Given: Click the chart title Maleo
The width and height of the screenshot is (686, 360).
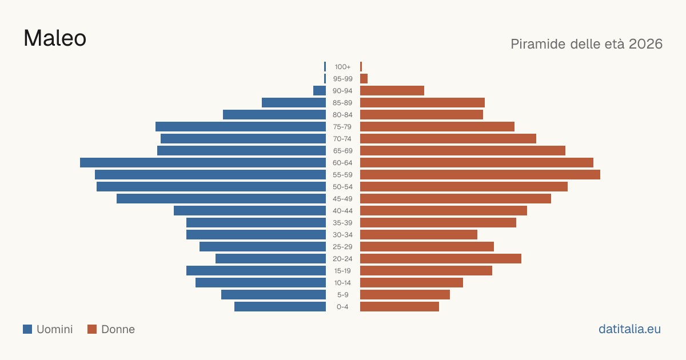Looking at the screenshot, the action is (x=55, y=38).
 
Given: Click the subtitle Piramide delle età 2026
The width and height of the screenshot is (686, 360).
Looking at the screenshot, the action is (x=587, y=44).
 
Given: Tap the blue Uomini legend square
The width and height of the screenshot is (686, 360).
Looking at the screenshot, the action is (x=27, y=329).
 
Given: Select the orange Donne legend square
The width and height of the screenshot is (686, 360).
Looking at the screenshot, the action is (x=92, y=329).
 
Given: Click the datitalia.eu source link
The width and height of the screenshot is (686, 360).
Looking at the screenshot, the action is (x=629, y=329).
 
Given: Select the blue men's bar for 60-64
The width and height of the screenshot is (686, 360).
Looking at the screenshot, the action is (x=203, y=162).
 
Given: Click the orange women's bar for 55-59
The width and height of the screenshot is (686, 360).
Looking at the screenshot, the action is (x=480, y=174).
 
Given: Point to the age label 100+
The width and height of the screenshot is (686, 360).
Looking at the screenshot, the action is (x=342, y=67).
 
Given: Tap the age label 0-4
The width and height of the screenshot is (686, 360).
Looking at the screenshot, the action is (x=342, y=307).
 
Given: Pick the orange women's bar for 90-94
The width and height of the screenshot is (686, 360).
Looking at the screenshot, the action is (x=392, y=91).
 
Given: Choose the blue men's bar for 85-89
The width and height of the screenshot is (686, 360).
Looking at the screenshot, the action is (x=294, y=102).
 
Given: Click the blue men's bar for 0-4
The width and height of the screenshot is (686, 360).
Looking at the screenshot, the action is (x=280, y=307).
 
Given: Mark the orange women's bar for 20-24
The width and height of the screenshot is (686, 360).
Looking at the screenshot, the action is (x=441, y=259).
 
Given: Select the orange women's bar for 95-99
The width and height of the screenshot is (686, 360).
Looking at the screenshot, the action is (x=364, y=79).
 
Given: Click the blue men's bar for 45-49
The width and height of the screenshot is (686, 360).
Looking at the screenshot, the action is (x=221, y=199).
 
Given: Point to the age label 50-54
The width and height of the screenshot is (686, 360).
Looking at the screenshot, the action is (x=342, y=187).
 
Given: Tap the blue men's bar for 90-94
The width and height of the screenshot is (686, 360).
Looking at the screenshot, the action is (x=320, y=91).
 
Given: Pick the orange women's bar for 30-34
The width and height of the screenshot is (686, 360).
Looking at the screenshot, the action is (x=418, y=235).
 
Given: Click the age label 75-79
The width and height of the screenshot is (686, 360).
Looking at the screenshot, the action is (x=342, y=127).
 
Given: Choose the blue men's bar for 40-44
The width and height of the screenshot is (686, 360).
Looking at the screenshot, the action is (x=250, y=211).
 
